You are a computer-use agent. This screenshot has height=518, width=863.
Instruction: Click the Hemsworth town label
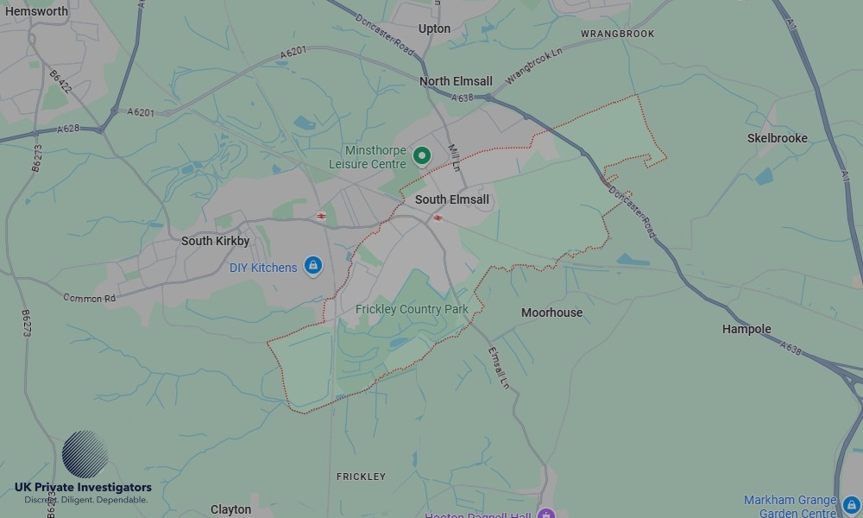click(36, 11)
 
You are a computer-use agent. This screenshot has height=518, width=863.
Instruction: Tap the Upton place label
click(434, 28)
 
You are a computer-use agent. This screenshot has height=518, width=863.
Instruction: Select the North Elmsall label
click(456, 81)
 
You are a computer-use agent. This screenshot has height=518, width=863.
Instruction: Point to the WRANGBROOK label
click(617, 34)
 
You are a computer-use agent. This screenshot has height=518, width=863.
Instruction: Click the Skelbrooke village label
click(777, 138)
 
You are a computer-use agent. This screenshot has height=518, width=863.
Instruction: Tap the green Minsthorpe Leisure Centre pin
click(422, 156)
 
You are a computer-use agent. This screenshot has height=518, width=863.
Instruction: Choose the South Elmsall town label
click(452, 199)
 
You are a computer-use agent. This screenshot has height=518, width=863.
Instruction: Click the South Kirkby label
click(215, 241)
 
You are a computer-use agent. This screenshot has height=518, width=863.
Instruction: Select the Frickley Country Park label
click(412, 309)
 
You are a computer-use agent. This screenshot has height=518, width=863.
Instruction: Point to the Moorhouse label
click(551, 313)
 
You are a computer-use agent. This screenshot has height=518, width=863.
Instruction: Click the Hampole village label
click(746, 329)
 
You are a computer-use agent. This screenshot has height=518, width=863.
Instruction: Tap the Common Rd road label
click(89, 298)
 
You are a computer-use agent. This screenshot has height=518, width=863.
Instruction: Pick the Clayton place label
click(230, 509)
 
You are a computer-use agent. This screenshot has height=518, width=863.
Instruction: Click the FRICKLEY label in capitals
click(361, 477)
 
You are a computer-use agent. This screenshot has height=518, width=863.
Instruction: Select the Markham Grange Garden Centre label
click(790, 507)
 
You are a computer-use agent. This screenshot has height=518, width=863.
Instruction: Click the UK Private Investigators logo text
click(83, 488)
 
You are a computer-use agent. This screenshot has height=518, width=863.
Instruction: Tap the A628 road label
click(68, 129)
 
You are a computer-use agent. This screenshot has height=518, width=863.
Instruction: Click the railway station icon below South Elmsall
click(438, 218)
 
